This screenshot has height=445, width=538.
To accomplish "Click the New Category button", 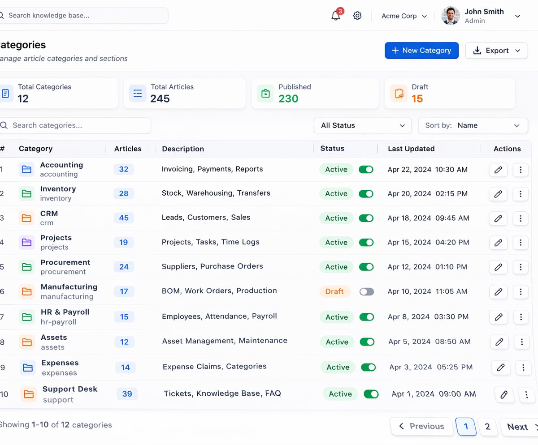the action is (x=421, y=51).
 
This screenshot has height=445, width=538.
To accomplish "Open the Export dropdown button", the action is (x=496, y=51).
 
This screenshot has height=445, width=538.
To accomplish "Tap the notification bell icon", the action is (x=336, y=16).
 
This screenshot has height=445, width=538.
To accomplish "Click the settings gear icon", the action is (x=357, y=16).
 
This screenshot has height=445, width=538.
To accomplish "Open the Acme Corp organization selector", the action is (x=404, y=16).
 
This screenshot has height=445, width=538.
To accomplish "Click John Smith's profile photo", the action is (x=451, y=16).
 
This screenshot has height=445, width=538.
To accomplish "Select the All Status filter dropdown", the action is (x=363, y=126).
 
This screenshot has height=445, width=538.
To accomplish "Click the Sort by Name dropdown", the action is (x=473, y=126).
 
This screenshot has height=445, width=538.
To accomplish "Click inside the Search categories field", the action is (x=75, y=126).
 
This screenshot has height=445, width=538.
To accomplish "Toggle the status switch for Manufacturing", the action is (x=367, y=291).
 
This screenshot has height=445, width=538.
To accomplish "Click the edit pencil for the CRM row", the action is (x=498, y=218).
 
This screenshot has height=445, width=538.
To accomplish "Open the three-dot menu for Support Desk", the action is (x=526, y=394).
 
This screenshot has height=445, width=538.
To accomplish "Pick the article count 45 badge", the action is (x=124, y=218).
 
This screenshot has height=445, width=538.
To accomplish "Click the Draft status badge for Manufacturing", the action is (x=334, y=291).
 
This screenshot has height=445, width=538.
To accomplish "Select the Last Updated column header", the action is (x=411, y=149).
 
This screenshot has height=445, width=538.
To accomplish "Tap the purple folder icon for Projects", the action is (x=26, y=242).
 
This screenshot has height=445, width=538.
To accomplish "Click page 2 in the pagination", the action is (x=487, y=427).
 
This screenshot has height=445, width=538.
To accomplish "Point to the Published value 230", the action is (x=288, y=98).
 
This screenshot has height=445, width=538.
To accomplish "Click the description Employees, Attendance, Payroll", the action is (x=219, y=316).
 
